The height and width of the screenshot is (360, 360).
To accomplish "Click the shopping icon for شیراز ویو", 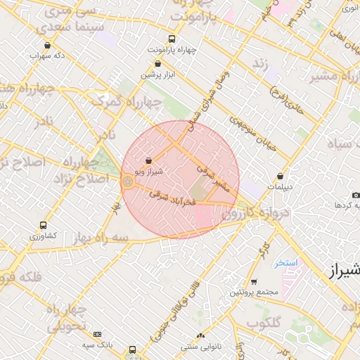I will tap(148, 161).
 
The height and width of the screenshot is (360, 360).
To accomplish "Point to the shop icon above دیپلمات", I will tap(281, 176).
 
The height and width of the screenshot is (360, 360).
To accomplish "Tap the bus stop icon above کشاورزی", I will tap(44, 226).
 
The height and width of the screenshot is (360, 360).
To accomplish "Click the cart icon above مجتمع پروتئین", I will tap(254, 281).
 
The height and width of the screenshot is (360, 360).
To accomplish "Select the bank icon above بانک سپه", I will tap(97, 334).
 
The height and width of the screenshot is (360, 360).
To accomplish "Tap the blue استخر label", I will tap(287, 262).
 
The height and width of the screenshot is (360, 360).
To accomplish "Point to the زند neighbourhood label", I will tap(261, 65).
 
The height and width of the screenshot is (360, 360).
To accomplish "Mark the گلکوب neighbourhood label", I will tap(264, 323).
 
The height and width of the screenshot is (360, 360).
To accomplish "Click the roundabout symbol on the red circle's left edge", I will tap(127, 182).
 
